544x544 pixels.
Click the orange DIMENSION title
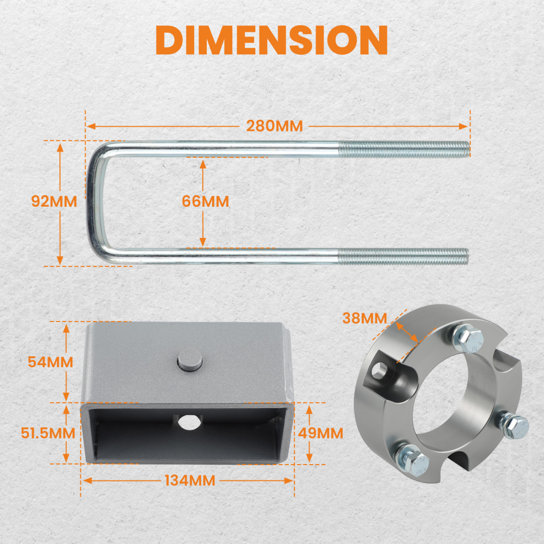click(x=271, y=40)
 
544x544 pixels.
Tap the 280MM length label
click(x=274, y=126)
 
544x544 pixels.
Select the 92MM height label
click(x=54, y=201)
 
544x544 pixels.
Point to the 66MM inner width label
click(x=206, y=201)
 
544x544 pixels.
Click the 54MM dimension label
click(x=50, y=362)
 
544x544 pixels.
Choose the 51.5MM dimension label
click(x=48, y=433)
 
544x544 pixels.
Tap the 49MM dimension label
click(x=320, y=433)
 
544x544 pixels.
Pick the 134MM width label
click(x=190, y=480)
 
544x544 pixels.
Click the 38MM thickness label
click(x=364, y=318)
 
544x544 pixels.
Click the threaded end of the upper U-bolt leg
click(x=404, y=149)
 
